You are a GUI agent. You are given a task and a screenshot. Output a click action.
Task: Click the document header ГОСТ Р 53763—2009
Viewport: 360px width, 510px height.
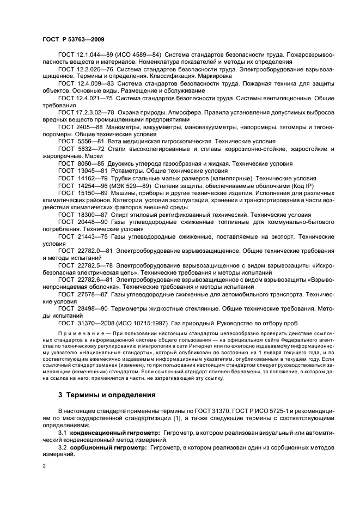[x=73, y=40]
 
